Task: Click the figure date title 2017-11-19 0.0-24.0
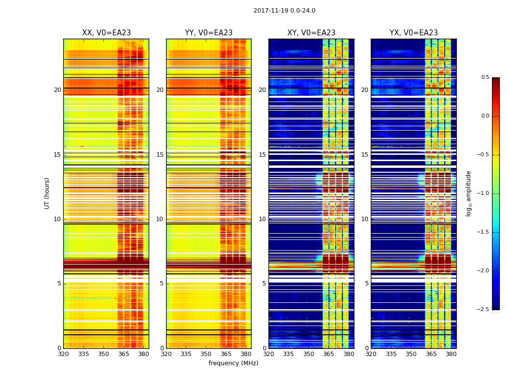click(284, 11)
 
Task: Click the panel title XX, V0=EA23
click(106, 33)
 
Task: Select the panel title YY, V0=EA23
click(209, 33)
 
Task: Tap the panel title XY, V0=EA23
click(311, 33)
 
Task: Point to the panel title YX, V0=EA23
click(413, 33)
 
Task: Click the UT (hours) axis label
click(47, 193)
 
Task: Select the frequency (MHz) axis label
click(233, 363)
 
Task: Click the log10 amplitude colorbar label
click(468, 193)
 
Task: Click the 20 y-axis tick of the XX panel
click(57, 90)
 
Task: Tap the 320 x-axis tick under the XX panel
click(63, 354)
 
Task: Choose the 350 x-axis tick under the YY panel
click(206, 354)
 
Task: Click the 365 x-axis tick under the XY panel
click(328, 354)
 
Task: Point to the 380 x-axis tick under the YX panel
click(451, 354)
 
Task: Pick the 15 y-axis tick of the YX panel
click(365, 155)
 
